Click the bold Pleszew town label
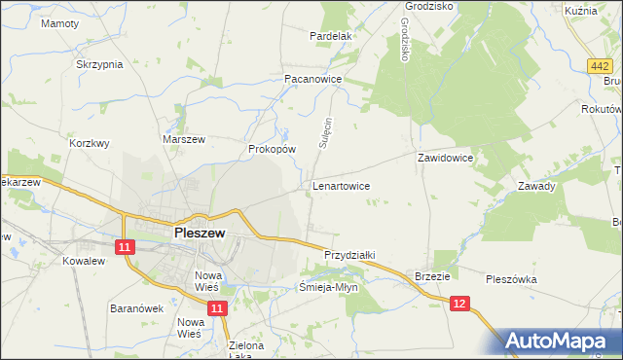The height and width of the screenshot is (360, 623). click(x=200, y=234)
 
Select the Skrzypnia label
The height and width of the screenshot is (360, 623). click(x=99, y=64)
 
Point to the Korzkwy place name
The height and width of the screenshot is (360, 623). click(x=90, y=142)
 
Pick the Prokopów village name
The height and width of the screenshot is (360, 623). click(x=272, y=149)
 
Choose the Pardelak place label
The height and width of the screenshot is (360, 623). click(x=330, y=36)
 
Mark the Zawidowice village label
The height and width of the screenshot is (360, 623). click(x=445, y=157)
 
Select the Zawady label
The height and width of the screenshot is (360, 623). click(x=536, y=186)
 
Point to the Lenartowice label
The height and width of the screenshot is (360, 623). click(x=340, y=183)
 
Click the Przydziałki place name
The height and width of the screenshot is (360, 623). click(x=349, y=254)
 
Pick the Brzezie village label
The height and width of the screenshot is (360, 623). click(x=431, y=275)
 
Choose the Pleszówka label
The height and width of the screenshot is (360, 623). click(x=511, y=279)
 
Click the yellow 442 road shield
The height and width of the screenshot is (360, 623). click(x=600, y=66)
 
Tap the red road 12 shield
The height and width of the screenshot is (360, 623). click(x=460, y=305)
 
